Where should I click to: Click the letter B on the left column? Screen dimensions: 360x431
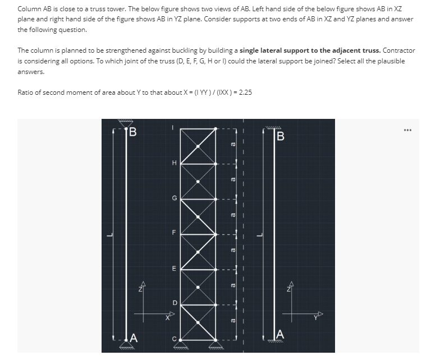[x=133, y=133]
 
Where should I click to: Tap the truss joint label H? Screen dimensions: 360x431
[x=174, y=163]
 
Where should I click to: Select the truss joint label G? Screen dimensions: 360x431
[x=174, y=197]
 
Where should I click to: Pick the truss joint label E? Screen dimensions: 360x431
[x=174, y=269]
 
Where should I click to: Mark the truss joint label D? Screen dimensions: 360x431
[x=174, y=303]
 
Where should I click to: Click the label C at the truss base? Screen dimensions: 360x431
[x=174, y=338]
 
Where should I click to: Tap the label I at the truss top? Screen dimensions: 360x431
[x=174, y=128]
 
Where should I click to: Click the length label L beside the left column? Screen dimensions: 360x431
[x=109, y=234]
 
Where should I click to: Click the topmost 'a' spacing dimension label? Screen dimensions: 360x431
[x=232, y=145]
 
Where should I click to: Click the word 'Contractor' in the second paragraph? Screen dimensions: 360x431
[x=398, y=50]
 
